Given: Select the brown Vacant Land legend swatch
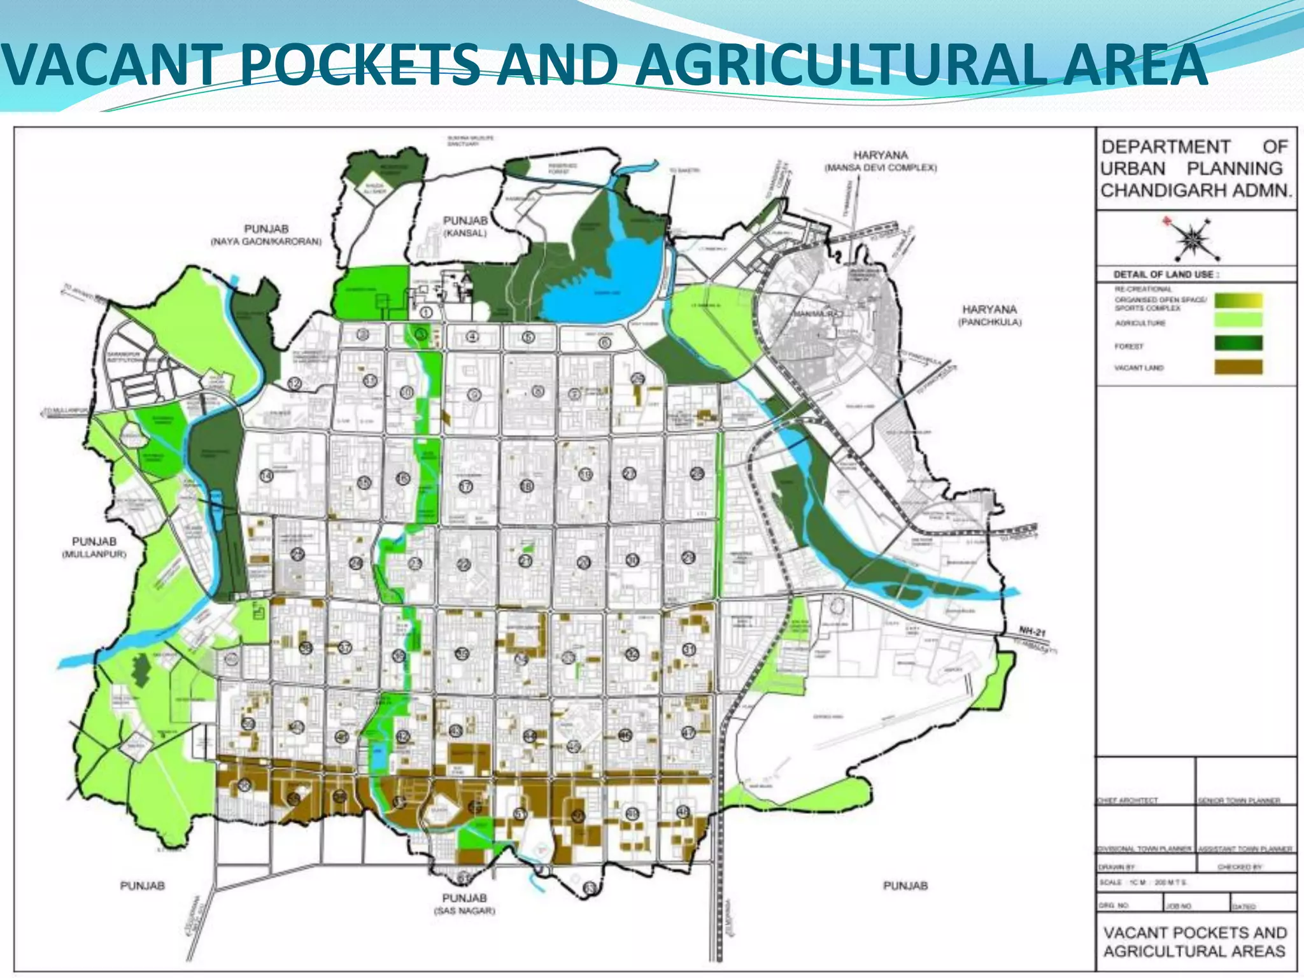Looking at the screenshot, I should (1238, 367).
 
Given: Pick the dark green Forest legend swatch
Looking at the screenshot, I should (1238, 344).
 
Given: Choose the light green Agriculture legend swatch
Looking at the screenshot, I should (1238, 320).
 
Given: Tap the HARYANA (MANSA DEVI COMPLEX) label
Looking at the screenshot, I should (881, 161).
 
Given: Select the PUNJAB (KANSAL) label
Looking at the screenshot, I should (465, 226).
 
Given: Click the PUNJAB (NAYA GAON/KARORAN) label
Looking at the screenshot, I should (266, 234).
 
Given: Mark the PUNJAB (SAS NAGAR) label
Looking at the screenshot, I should (464, 904).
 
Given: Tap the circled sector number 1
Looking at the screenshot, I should (427, 312).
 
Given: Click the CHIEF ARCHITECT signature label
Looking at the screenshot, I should (1128, 800).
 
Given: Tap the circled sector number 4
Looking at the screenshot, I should (472, 336).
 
